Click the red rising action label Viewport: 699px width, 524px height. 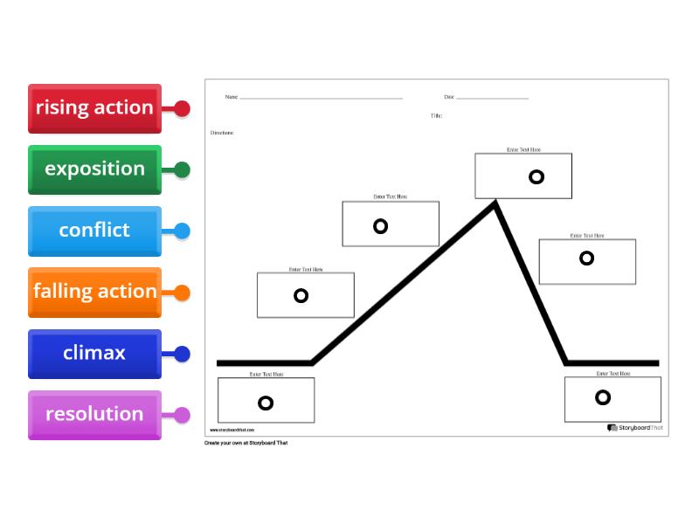[x=94, y=108]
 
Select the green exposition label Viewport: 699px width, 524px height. [x=94, y=169]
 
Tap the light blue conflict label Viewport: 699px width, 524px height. [x=94, y=231]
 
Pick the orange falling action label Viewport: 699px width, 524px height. [x=94, y=292]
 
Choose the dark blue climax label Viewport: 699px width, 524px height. [x=94, y=354]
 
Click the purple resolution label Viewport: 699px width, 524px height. [x=94, y=415]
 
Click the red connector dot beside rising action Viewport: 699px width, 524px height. [x=182, y=108]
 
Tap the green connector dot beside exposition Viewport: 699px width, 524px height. [x=182, y=169]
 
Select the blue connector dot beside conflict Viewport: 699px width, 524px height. [x=182, y=231]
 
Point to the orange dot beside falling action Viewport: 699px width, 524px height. [x=182, y=293]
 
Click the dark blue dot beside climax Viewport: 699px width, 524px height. [x=182, y=354]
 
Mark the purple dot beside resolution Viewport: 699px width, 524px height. [x=182, y=415]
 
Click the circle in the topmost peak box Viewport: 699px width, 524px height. [x=536, y=176]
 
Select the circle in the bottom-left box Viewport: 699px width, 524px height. [x=266, y=403]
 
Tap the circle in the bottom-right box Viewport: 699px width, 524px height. [x=603, y=397]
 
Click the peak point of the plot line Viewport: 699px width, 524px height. [x=495, y=203]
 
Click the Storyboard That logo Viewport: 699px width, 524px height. [x=635, y=428]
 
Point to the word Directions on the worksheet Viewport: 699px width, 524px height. [x=222, y=133]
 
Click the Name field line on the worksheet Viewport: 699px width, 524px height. [x=321, y=98]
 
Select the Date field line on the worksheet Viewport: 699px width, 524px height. [x=492, y=98]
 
